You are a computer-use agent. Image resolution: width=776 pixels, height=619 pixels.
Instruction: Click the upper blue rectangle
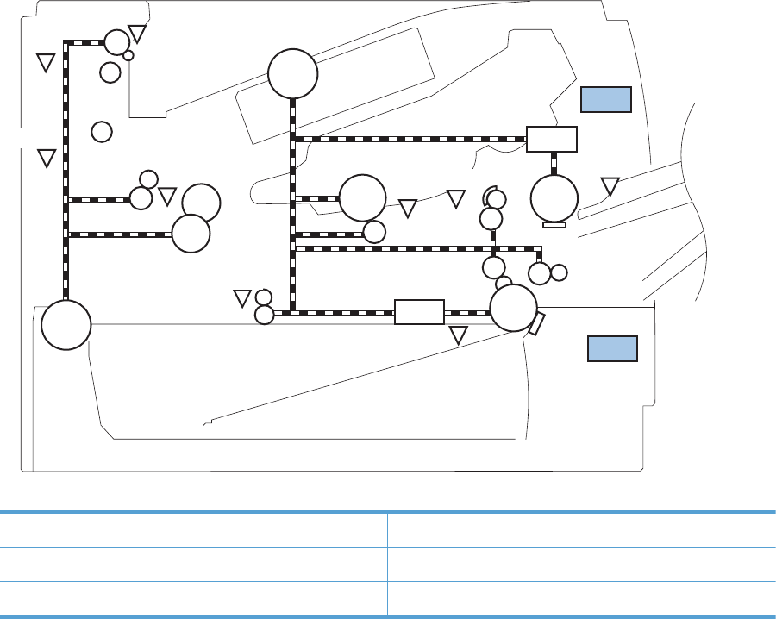[606, 99]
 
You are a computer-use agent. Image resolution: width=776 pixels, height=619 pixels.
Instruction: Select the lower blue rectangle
[612, 349]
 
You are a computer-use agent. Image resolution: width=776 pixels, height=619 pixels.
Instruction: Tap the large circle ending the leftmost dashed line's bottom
[66, 325]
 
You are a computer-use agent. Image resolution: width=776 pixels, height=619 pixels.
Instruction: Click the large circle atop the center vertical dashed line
[293, 74]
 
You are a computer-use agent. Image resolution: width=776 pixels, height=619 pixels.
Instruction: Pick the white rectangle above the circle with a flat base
[552, 139]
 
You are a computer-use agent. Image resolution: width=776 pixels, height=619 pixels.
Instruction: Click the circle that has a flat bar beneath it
[554, 197]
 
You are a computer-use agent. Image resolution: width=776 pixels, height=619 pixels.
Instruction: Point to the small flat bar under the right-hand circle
[554, 225]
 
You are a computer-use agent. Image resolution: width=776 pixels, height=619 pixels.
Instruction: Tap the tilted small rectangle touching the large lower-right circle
[536, 324]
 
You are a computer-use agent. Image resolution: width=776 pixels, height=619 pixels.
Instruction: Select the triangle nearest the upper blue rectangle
[610, 185]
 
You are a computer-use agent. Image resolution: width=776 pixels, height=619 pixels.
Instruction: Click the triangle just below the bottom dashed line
[459, 335]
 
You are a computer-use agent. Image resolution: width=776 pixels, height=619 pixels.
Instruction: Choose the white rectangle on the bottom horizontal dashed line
[419, 311]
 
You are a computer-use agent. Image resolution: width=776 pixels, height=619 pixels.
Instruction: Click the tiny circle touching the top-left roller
[128, 55]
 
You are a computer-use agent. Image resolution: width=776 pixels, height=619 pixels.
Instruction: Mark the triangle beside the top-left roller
[137, 34]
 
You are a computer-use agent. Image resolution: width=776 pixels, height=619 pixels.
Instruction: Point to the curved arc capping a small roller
[489, 191]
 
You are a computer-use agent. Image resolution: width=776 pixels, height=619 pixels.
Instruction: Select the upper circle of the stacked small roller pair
[264, 297]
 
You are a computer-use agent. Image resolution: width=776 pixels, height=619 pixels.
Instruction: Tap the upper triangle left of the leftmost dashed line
[47, 62]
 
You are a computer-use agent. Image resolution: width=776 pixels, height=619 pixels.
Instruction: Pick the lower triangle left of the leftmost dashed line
[47, 158]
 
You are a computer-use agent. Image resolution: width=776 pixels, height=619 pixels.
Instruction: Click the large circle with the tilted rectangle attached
[514, 308]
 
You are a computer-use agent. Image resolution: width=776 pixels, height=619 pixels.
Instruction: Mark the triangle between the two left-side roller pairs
[167, 196]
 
